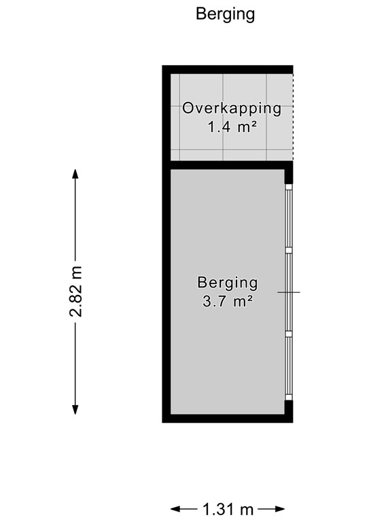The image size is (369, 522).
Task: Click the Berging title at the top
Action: click(x=225, y=14)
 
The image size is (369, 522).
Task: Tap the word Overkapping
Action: click(x=232, y=108)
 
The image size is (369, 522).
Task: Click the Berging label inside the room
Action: click(x=228, y=282)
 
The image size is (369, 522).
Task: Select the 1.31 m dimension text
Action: click(x=227, y=508)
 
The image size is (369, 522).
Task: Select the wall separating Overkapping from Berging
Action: click(x=228, y=164)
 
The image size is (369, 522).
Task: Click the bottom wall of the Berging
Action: click(x=228, y=418)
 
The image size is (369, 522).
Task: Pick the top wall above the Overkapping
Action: click(x=228, y=69)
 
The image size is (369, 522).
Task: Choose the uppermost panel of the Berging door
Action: click(x=288, y=217)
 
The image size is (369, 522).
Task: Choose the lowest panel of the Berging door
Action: click(x=288, y=365)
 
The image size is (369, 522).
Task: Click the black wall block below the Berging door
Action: click(x=289, y=409)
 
